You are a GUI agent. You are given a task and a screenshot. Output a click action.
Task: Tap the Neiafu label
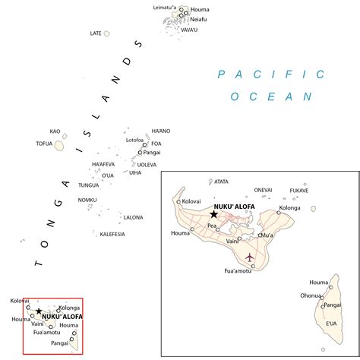(198, 19)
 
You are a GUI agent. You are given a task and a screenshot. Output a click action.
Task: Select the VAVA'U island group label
(189, 30)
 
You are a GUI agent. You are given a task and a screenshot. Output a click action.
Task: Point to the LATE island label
(96, 33)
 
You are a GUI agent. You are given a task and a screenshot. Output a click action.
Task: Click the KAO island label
(55, 131)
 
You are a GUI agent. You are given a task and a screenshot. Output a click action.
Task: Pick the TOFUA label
(44, 144)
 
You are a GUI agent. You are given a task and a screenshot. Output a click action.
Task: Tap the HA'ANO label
(161, 131)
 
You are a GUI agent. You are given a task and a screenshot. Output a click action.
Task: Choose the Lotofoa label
(134, 140)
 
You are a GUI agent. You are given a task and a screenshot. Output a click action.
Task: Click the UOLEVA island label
(147, 164)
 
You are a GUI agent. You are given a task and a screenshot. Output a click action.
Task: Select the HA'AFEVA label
(103, 164)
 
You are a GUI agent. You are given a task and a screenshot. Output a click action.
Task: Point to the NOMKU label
(87, 200)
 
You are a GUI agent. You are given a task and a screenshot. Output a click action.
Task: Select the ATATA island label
(222, 182)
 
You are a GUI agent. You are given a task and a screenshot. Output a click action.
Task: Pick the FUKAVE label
(298, 191)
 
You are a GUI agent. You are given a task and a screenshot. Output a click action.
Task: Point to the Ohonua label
(310, 295)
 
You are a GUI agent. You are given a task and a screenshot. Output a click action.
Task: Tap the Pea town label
(212, 226)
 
